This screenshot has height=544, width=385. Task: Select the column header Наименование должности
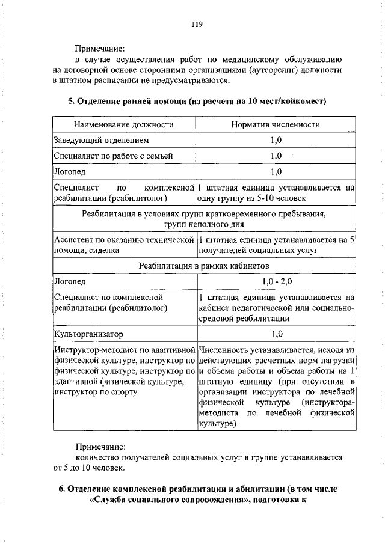point(123,124)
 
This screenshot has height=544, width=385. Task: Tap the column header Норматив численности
point(276,124)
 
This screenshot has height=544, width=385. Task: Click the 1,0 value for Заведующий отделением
point(276,140)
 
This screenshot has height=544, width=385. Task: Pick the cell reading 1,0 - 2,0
point(276,281)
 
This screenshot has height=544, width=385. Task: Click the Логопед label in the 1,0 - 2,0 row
point(70,281)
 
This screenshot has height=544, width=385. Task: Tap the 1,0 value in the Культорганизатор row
point(276,333)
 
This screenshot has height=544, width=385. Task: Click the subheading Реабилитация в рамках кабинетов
point(203,265)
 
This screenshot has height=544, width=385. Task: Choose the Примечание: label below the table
point(100,447)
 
